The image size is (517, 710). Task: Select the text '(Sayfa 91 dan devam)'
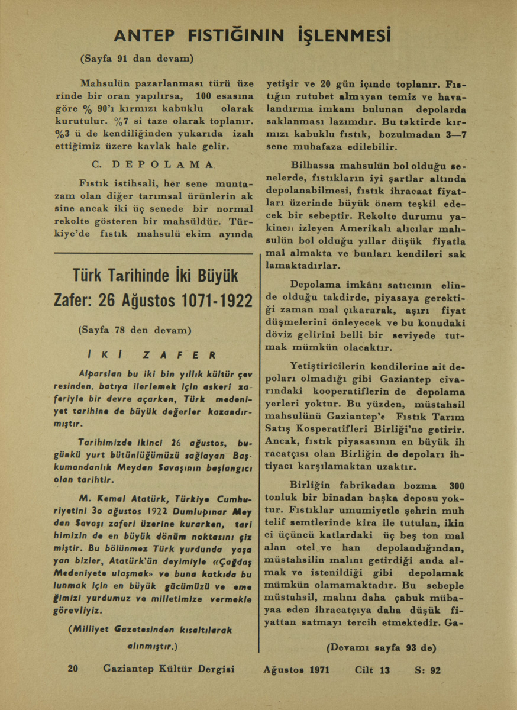pos(137,59)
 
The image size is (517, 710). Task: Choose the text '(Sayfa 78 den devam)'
pos(135,329)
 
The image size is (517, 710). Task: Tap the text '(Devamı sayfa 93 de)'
pos(381,647)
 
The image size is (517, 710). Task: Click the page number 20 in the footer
pos(73,669)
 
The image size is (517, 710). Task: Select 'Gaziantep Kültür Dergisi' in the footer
pos(169,669)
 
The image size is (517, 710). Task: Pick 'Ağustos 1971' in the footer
pos(296,670)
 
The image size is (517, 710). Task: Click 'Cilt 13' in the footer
pos(372,670)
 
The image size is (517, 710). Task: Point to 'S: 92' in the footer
pos(428,670)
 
